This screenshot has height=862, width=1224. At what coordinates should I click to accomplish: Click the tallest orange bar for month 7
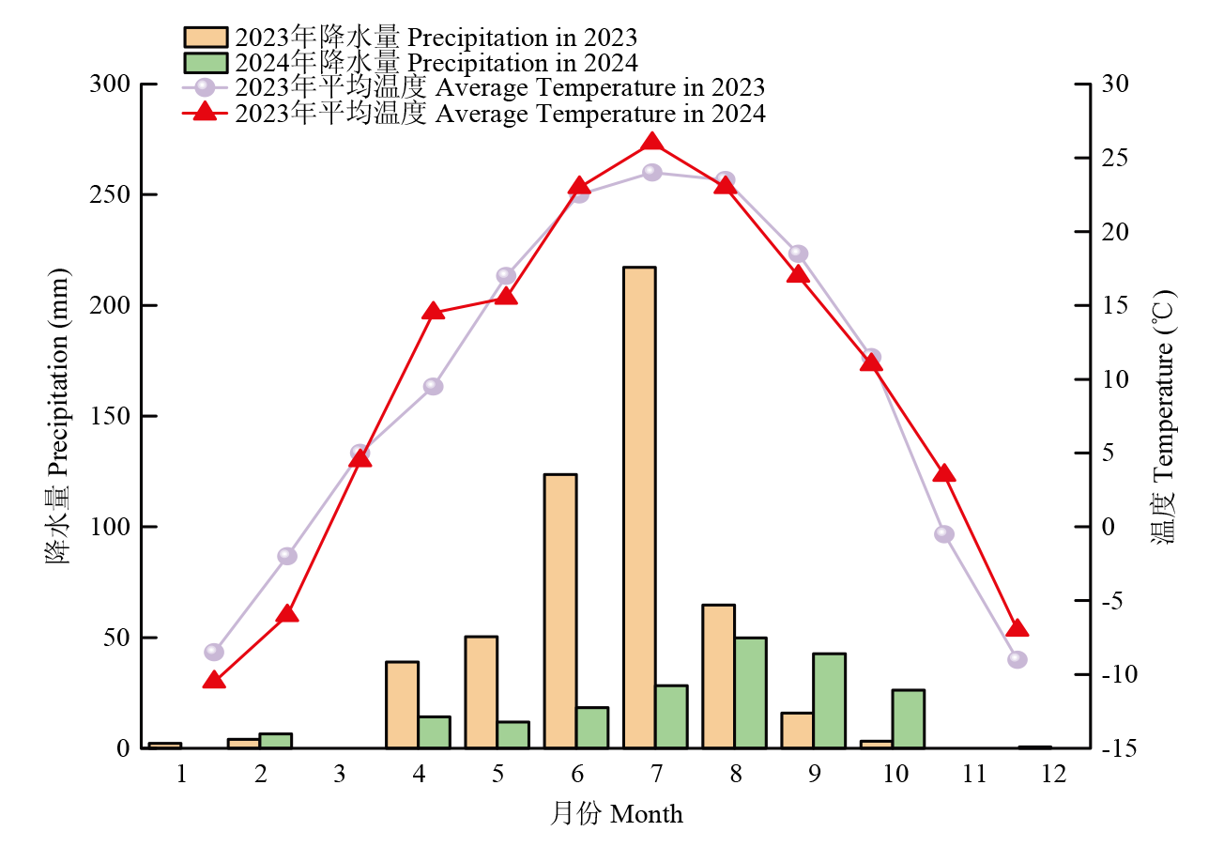tap(639, 507)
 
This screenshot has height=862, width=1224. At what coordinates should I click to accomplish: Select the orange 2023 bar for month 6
tap(560, 610)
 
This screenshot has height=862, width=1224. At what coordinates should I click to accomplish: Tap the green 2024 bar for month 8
tap(750, 692)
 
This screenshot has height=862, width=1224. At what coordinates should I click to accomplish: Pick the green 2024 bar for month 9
tap(829, 700)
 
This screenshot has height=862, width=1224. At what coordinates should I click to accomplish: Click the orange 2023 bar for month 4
tap(402, 704)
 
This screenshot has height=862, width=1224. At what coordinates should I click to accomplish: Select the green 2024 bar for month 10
tap(908, 718)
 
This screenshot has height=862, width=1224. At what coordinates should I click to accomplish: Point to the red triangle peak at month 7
tap(653, 143)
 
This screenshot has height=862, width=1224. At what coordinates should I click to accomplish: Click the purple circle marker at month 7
tap(652, 173)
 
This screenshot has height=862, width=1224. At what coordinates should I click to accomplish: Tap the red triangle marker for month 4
tap(433, 311)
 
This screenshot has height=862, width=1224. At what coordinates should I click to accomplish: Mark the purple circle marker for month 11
tap(944, 534)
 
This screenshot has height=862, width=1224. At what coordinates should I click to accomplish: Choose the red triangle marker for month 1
tap(213, 681)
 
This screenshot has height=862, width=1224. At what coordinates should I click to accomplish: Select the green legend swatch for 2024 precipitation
tap(206, 63)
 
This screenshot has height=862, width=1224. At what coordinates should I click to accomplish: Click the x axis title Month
tap(617, 813)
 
